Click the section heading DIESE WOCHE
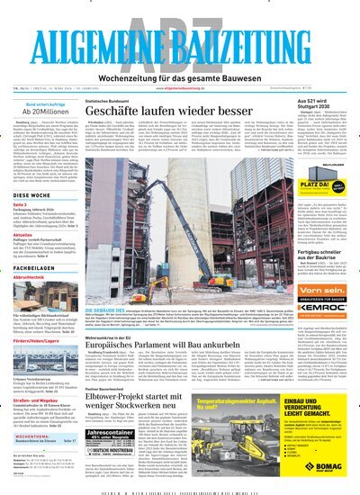coord(32,193)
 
